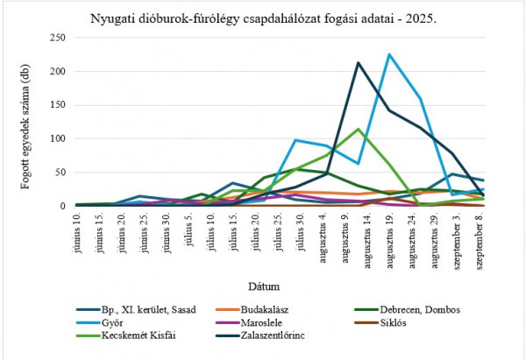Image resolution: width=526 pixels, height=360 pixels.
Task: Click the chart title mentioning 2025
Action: click(x=262, y=18)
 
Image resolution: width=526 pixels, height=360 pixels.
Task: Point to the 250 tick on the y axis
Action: click(x=58, y=38)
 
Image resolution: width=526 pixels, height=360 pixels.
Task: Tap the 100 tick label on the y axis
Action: click(x=58, y=138)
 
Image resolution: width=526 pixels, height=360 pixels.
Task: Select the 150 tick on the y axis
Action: click(x=58, y=105)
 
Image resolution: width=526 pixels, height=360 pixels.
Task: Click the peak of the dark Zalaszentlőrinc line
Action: click(x=358, y=63)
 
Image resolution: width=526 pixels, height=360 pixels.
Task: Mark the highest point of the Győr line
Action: click(x=389, y=54)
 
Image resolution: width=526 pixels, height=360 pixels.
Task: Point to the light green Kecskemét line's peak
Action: click(x=358, y=130)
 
